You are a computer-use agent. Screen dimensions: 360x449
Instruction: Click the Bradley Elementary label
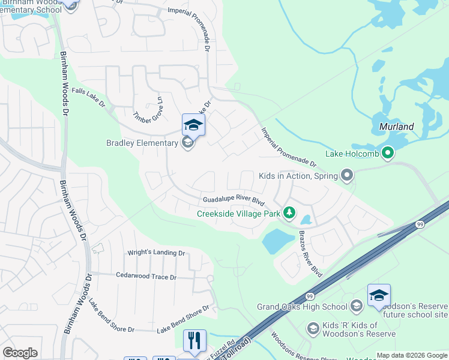142,143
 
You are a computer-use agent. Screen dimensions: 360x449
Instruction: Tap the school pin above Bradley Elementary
193,125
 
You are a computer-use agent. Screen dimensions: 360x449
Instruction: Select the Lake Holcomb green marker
388,154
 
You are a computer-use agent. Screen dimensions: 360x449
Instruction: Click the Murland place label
397,127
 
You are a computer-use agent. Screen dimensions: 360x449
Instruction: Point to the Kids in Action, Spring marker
346,176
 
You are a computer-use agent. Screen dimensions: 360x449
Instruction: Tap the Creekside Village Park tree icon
289,213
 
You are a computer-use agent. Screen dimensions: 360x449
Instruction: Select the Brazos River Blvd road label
310,253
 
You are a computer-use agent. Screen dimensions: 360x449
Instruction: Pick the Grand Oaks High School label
302,307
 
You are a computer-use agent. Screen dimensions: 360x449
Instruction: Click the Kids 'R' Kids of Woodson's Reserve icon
312,328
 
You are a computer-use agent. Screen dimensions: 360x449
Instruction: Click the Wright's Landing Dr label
156,253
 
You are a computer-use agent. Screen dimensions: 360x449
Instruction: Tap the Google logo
20,353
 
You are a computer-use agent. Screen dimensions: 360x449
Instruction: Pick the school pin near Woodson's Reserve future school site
379,295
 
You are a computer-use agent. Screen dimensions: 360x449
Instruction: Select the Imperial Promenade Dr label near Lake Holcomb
288,146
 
